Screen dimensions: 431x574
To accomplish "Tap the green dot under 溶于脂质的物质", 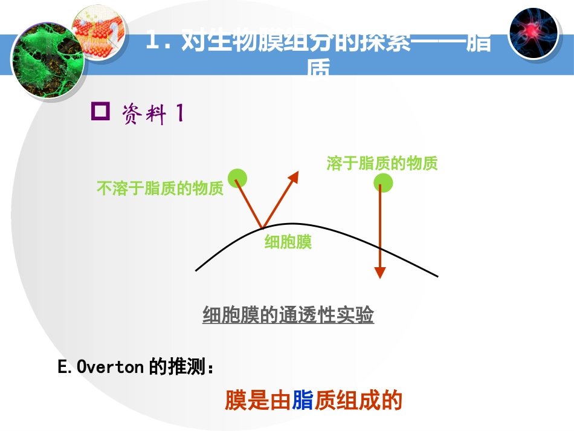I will point(382,181).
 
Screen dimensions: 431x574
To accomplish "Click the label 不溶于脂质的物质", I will point(160,189).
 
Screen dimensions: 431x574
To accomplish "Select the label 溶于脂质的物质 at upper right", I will point(382,163).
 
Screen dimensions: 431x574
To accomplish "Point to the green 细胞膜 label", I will point(288,242).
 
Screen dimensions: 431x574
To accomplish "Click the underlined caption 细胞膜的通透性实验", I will point(288,315).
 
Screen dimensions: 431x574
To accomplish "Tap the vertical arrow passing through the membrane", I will point(380,230).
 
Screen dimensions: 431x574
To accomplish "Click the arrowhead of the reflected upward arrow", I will point(294,176).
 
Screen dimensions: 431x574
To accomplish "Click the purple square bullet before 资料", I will point(100,112).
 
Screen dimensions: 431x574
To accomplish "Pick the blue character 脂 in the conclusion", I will point(302,400).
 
